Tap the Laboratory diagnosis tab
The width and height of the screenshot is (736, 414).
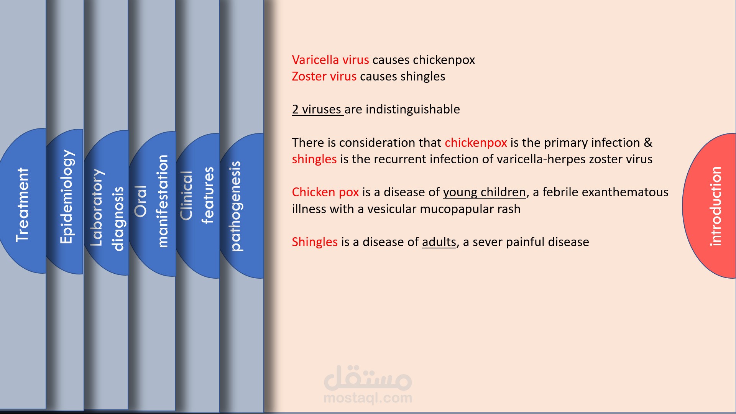[107, 210]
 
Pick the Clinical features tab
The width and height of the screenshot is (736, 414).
[197, 195]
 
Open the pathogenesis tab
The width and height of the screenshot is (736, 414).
[235, 206]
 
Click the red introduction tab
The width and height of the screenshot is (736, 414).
[715, 206]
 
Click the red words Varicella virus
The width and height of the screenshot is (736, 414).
[330, 60]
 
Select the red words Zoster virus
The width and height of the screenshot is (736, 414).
[324, 76]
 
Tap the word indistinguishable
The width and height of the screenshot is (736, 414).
[412, 109]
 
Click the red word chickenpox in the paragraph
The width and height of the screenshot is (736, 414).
[476, 143]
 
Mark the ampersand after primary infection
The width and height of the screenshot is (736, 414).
[648, 142]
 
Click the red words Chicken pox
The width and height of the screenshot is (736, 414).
[325, 192]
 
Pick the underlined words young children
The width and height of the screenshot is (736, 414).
[485, 192]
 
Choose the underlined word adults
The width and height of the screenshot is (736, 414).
[439, 242]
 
